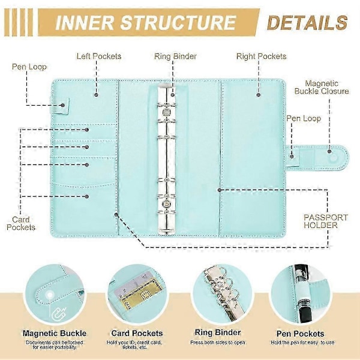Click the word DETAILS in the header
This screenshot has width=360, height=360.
(307, 23)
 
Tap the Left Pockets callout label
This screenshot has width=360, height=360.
(98, 56)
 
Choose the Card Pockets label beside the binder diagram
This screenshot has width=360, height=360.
(25, 223)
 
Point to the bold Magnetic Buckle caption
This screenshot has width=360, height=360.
(55, 333)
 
